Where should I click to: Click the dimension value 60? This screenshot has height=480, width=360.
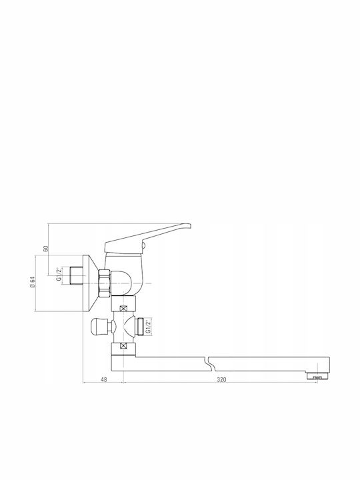46,248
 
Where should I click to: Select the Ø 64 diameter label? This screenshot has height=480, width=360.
32,282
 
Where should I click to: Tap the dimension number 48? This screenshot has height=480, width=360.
104,379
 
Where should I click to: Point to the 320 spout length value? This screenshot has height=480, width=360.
221,379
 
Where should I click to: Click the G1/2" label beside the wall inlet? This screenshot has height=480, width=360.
59,274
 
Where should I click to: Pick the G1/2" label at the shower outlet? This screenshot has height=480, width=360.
148,327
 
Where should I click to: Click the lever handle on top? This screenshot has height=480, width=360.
147,239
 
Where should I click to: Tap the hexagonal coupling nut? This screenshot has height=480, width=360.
104,283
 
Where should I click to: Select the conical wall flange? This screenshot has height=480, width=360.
91,283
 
